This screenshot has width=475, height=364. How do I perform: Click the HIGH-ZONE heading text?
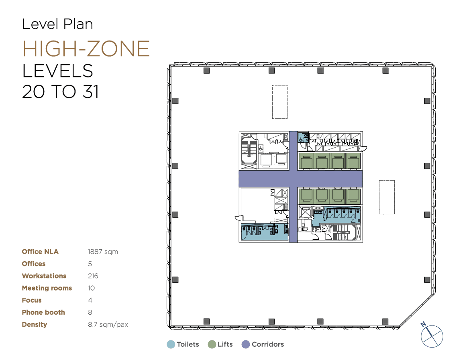86,49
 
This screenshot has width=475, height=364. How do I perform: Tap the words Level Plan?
57,24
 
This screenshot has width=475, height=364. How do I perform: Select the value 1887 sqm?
103,252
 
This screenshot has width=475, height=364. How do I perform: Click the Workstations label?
44,276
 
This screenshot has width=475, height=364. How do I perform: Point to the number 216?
93,276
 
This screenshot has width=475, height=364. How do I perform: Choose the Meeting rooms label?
47,288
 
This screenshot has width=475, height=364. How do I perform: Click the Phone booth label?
43,312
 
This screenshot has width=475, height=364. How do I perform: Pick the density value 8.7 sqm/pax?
108,325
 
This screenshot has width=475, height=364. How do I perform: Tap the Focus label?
31,300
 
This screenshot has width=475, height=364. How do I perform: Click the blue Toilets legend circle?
171,344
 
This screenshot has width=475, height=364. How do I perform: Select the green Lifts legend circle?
212,344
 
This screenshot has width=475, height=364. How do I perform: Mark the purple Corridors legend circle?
246,344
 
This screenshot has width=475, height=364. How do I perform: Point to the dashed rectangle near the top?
280,85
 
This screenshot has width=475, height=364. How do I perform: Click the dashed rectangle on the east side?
387,181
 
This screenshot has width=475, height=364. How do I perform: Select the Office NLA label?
40,252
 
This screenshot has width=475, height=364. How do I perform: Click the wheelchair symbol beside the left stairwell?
261,148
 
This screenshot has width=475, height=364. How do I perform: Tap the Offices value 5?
90,264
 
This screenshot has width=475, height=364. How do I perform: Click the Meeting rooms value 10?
92,288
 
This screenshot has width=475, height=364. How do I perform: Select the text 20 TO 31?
61,92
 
